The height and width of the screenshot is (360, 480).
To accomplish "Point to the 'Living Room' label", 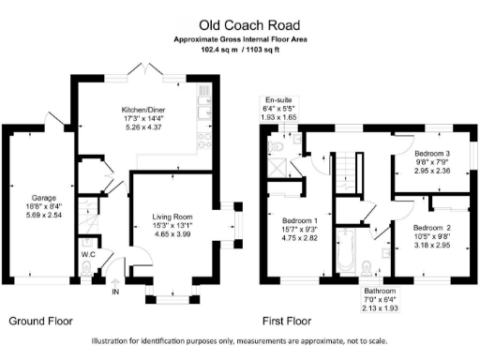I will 173,217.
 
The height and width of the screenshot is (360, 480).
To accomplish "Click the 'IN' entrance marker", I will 116,292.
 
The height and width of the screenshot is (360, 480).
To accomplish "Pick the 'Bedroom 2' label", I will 433,228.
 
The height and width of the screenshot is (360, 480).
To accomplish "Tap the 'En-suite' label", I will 278,99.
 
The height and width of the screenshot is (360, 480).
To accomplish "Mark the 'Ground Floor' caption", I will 39,321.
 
